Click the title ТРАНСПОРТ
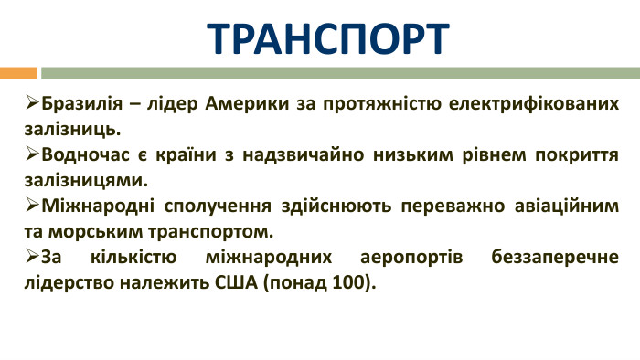328,37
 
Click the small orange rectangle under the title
18,72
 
